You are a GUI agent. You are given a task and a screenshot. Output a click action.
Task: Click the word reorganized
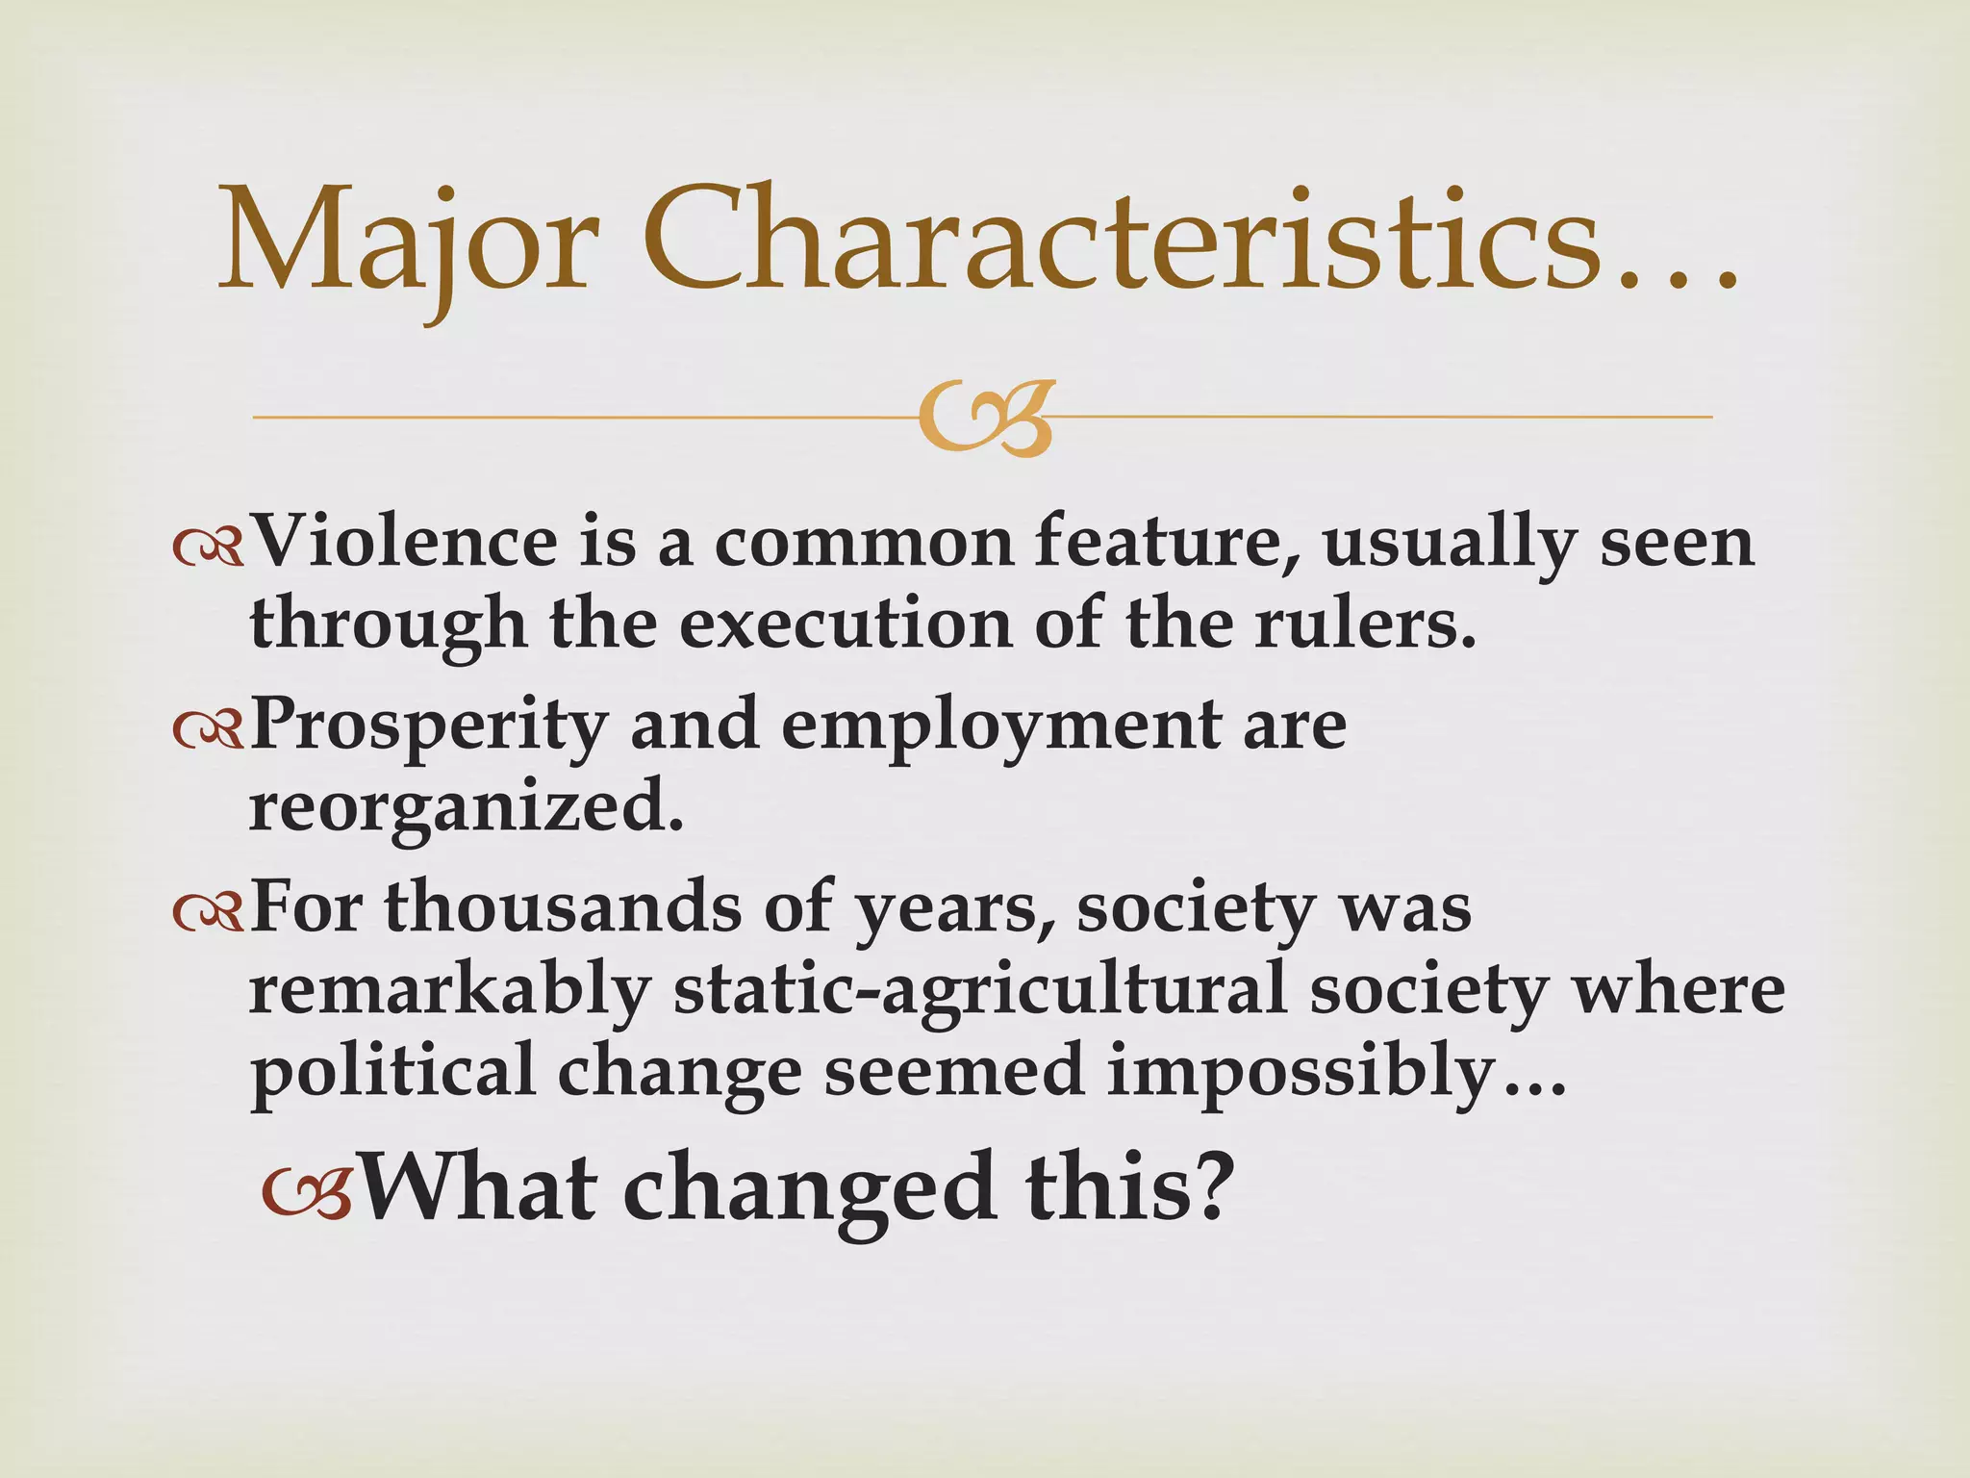pos(466,808)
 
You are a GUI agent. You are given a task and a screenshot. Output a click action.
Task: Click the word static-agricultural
pos(980,991)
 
